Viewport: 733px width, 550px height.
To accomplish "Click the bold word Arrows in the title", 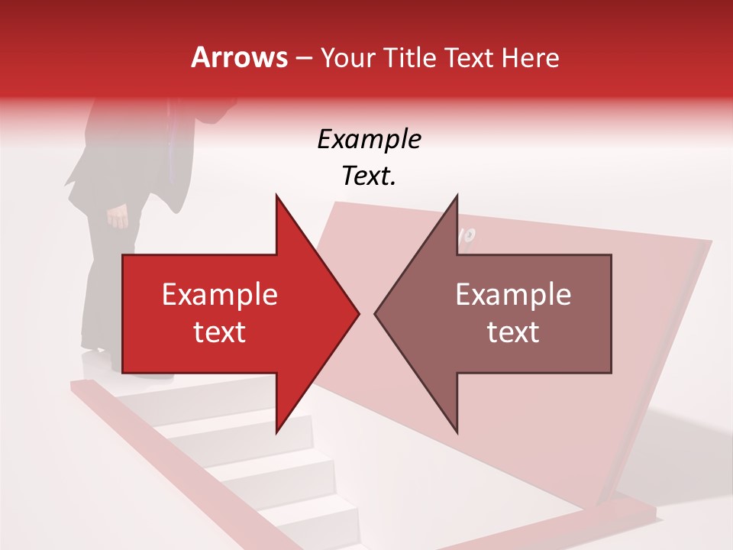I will [239, 57].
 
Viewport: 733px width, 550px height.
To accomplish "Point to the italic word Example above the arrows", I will [369, 140].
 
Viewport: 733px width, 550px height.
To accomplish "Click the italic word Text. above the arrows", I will [369, 176].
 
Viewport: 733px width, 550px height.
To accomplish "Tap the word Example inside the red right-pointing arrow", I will [220, 295].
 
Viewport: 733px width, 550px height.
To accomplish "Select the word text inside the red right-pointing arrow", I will [220, 332].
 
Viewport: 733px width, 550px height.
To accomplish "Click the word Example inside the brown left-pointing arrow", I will [513, 295].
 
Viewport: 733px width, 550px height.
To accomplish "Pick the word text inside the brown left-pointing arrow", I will [513, 332].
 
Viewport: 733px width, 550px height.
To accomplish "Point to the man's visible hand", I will [118, 217].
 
